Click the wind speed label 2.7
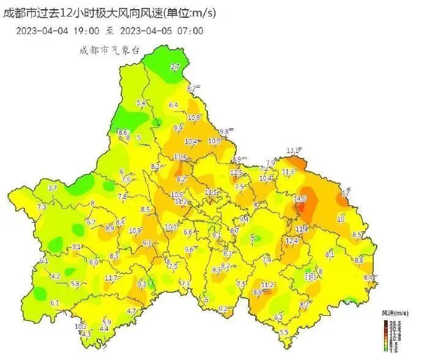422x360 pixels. coord(176,67)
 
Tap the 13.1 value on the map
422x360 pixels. coord(294,151)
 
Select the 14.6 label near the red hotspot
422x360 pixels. coord(300,199)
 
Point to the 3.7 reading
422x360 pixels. coord(52,188)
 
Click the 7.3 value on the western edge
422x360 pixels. coord(42,208)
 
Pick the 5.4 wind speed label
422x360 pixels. coord(141,103)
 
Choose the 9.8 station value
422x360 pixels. coord(224,132)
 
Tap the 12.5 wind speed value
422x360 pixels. coord(237,173)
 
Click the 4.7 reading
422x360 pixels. coord(131,312)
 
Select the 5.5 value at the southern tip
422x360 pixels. coord(284,332)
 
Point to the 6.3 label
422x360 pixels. coord(278,317)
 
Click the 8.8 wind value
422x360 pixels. coord(359,261)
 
